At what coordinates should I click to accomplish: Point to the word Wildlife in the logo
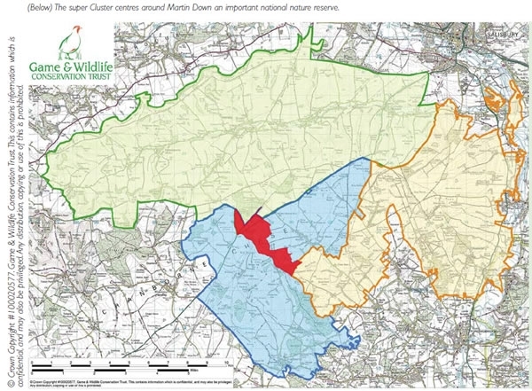[x=100, y=63]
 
